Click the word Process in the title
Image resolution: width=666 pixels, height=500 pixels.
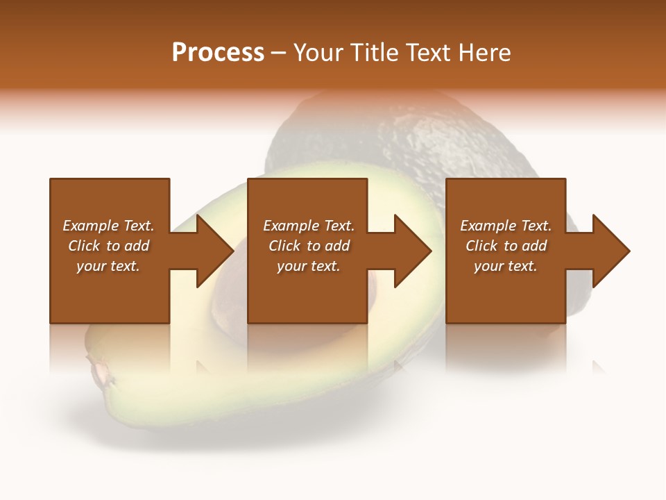tap(218, 53)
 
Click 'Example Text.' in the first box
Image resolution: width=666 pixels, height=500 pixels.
tap(108, 226)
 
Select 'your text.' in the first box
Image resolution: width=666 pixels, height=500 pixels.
tap(108, 266)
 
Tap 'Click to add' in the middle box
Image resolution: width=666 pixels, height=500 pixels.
tap(309, 246)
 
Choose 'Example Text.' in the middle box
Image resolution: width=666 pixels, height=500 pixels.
tap(309, 226)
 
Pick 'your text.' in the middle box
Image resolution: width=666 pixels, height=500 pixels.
tap(309, 266)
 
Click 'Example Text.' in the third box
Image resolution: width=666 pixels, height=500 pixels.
tap(506, 226)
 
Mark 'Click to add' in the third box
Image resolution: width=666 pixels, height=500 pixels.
tap(506, 246)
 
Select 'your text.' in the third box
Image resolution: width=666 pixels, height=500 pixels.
tap(506, 266)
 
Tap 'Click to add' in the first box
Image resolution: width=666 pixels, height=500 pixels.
tap(108, 246)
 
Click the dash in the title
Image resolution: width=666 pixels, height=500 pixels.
tap(278, 53)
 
